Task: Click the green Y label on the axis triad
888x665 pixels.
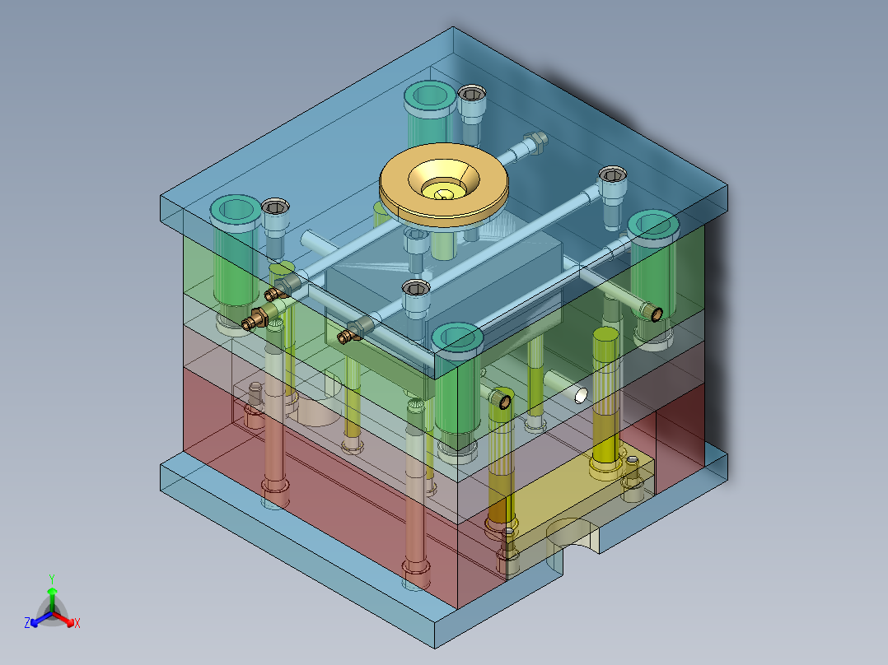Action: pos(52,579)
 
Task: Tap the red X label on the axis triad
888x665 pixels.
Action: pos(77,623)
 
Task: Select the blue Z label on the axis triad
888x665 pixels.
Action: pos(27,622)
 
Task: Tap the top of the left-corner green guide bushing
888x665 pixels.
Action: pos(236,212)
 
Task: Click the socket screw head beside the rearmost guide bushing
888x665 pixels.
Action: pos(471,94)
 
